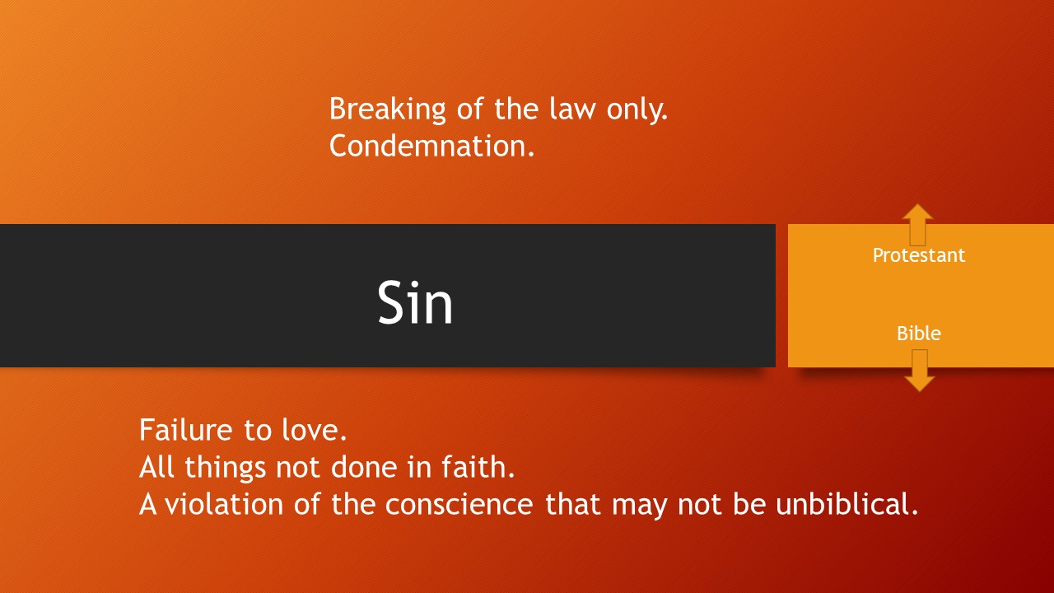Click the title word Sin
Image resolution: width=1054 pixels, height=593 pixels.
[x=415, y=302]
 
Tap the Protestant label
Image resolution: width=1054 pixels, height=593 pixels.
[x=918, y=255]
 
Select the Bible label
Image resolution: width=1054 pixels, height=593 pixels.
[x=918, y=334]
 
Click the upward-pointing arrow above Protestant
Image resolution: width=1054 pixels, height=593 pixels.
[x=917, y=225]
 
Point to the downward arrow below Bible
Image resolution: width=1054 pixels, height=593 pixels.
[x=920, y=371]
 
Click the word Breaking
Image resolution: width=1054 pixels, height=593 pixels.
[x=387, y=110]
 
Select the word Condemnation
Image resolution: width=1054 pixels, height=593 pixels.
[x=432, y=146]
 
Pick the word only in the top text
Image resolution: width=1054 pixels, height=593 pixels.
[x=637, y=110]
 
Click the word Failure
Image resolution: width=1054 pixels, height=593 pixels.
[x=186, y=430]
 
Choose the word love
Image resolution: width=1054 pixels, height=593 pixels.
[x=314, y=430]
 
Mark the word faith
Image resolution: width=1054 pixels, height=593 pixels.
[x=478, y=467]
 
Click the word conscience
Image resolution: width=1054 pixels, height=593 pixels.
[x=459, y=504]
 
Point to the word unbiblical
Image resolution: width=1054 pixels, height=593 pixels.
[x=847, y=504]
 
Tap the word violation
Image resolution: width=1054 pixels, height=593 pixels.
[x=223, y=504]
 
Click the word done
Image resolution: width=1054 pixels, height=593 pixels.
[x=364, y=467]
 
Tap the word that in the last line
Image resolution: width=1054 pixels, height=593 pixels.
[x=572, y=504]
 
